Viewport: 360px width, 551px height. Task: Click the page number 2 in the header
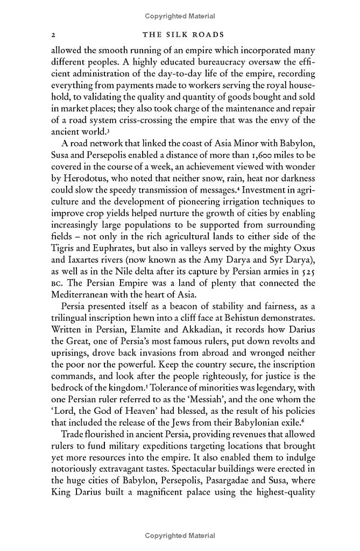53,35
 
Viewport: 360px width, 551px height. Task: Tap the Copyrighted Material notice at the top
180,17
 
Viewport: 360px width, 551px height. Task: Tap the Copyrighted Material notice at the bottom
180,535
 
